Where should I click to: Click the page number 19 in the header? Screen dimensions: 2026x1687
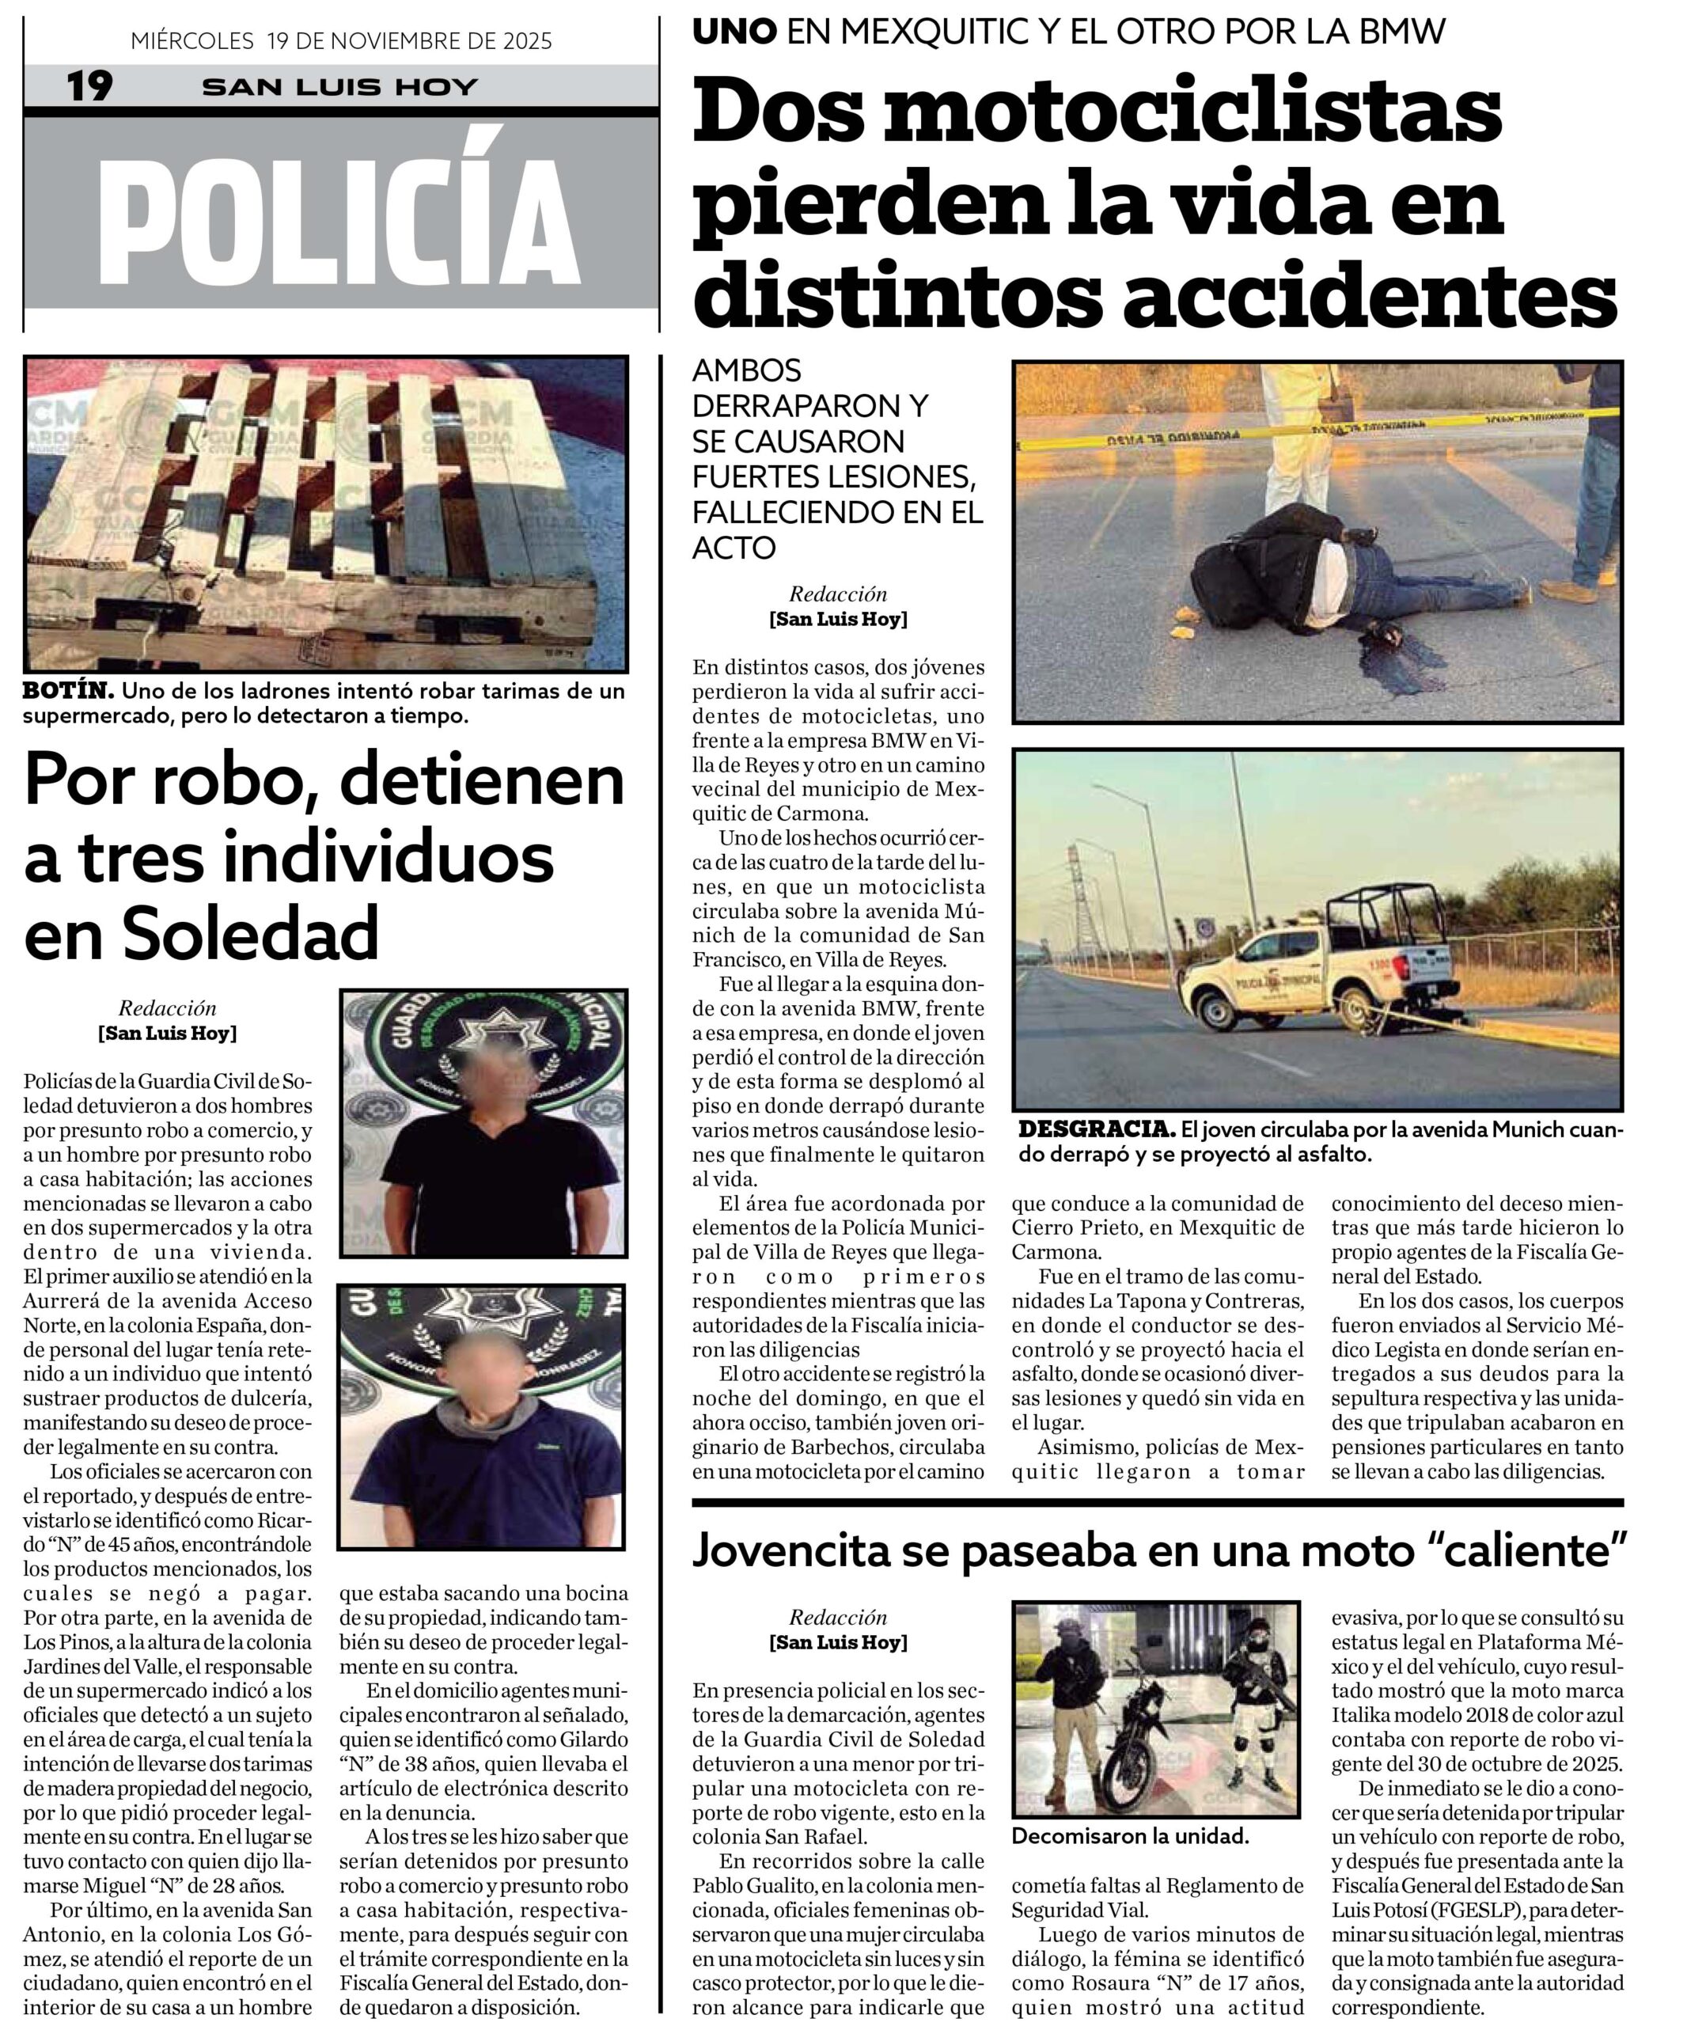(x=89, y=87)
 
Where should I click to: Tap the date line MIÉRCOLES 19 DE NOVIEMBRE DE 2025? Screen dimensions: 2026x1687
(x=342, y=40)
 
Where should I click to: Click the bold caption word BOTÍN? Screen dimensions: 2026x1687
(x=67, y=691)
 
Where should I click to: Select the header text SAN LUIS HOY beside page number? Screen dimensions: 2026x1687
(x=339, y=87)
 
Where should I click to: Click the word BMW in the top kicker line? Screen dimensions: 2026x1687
(x=1405, y=32)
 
